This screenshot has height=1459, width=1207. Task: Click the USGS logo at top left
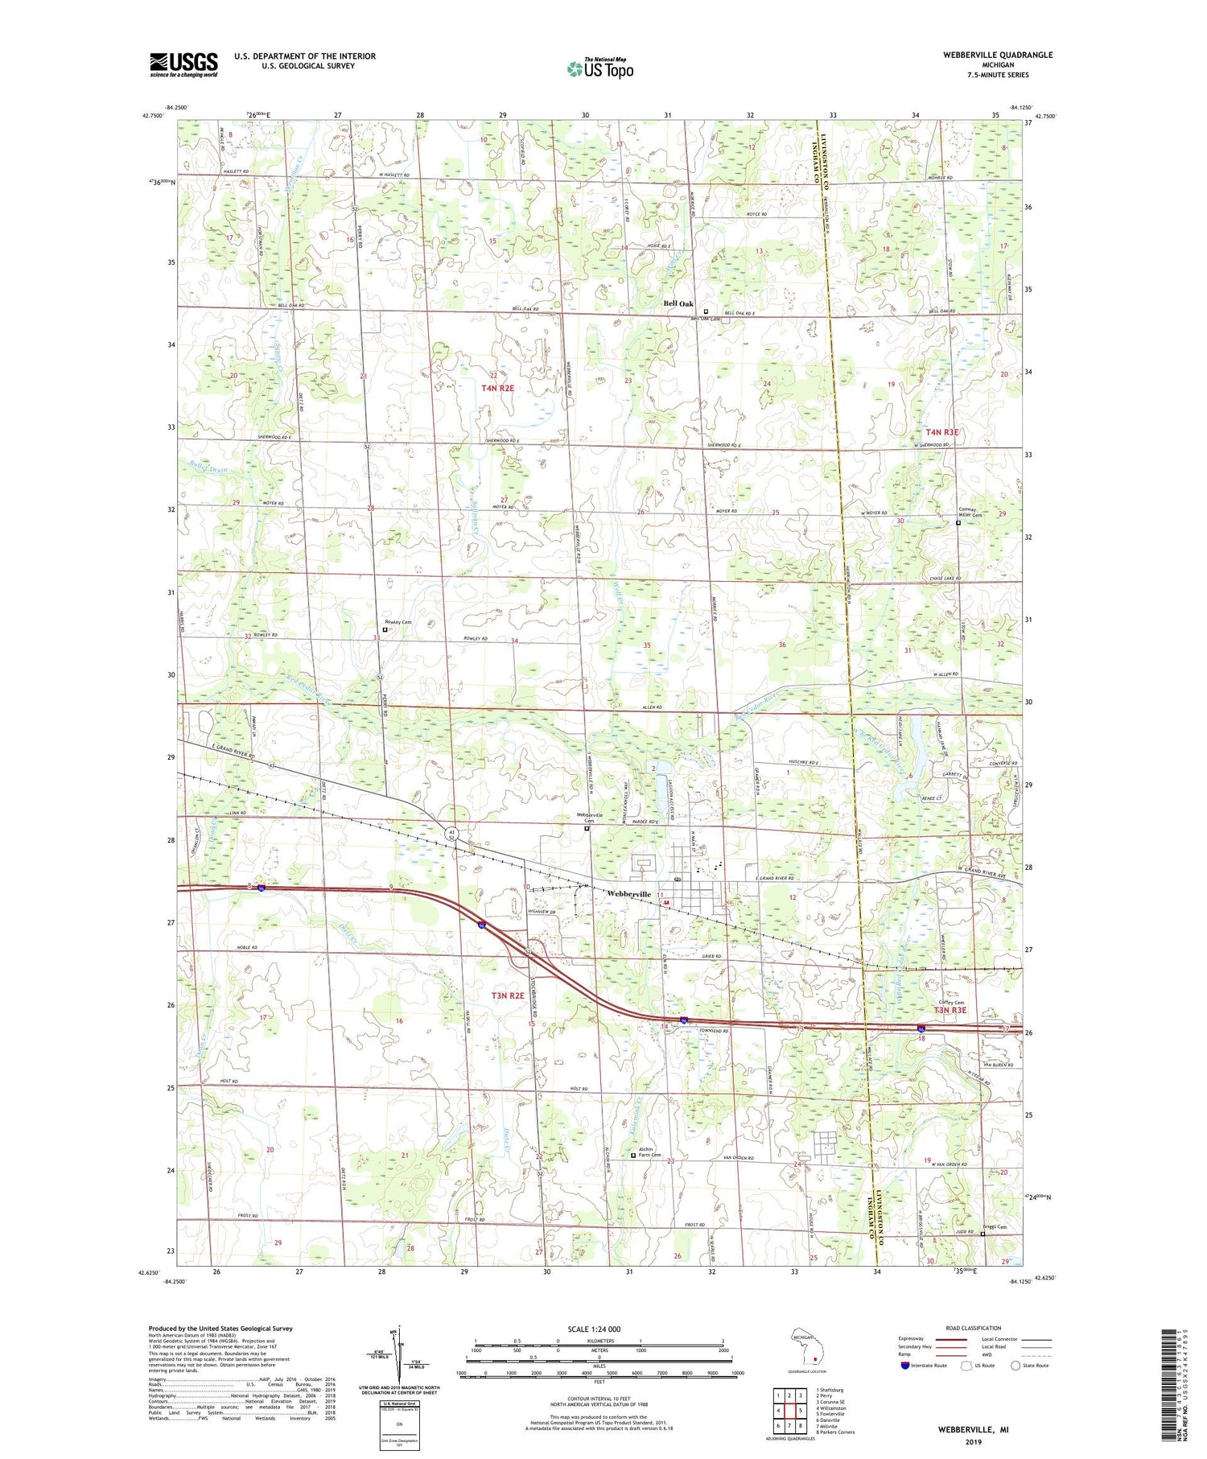point(183,64)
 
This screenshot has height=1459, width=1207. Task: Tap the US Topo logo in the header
point(599,69)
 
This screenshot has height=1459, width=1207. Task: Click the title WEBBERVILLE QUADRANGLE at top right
point(987,55)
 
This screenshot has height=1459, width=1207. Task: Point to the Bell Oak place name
point(678,303)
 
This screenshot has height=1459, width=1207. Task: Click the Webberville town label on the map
point(628,894)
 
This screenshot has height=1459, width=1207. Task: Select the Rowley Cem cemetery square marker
point(385,630)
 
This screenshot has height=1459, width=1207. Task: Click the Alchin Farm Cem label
point(649,1152)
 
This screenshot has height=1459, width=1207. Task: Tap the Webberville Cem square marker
point(587,828)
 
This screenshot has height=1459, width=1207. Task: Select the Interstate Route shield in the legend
point(905,1365)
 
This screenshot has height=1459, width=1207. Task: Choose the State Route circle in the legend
point(1015,1365)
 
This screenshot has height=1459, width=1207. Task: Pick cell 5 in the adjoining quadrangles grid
point(801,1410)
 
